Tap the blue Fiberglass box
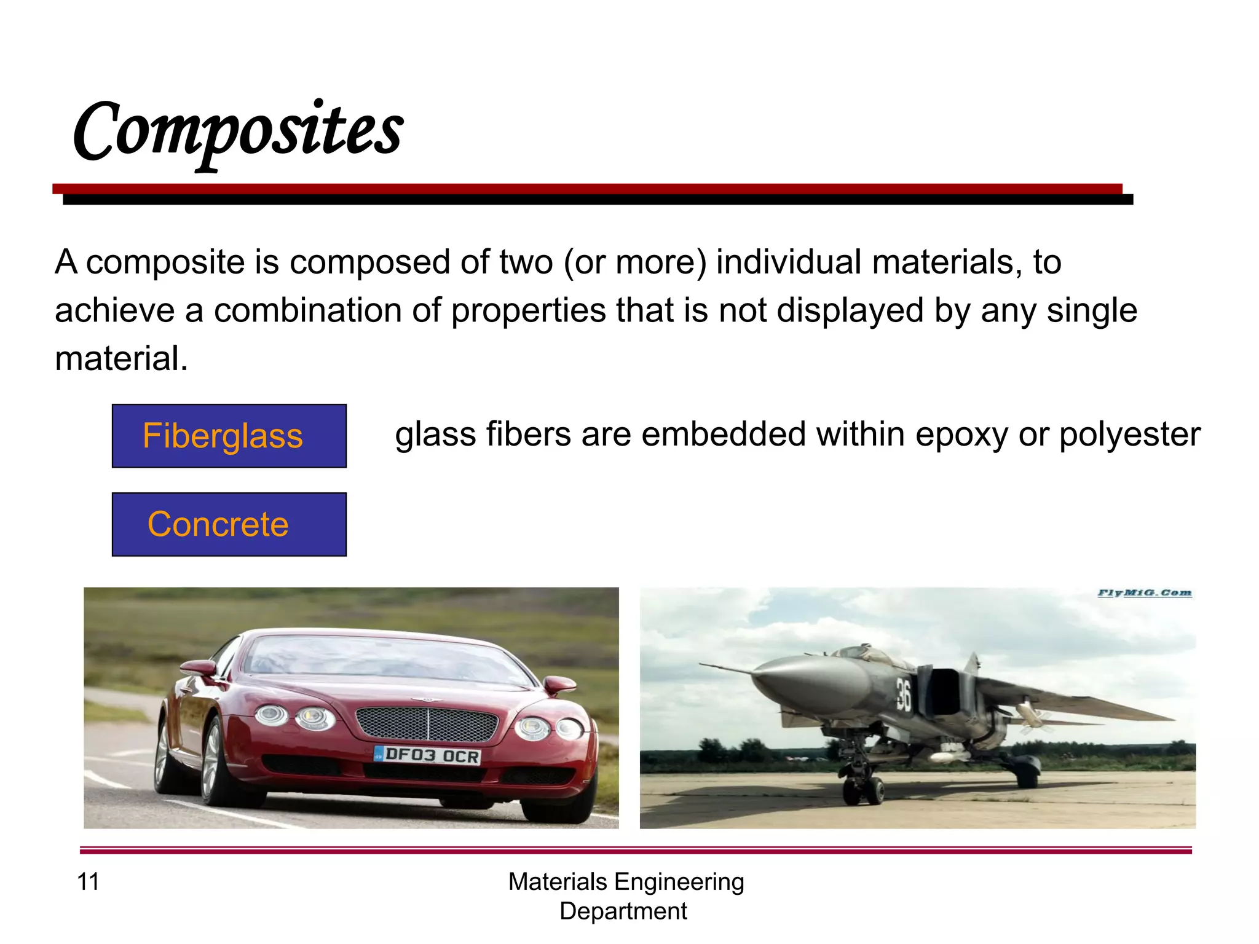coord(229,436)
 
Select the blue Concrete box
coord(229,524)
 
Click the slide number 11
coord(88,881)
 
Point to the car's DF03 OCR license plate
coord(428,755)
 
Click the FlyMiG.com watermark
coord(1144,593)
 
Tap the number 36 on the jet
coord(902,694)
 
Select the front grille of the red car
coord(427,723)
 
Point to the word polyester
coord(1129,435)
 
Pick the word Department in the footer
coord(623,911)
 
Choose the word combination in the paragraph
coord(307,310)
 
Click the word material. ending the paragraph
coord(121,358)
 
